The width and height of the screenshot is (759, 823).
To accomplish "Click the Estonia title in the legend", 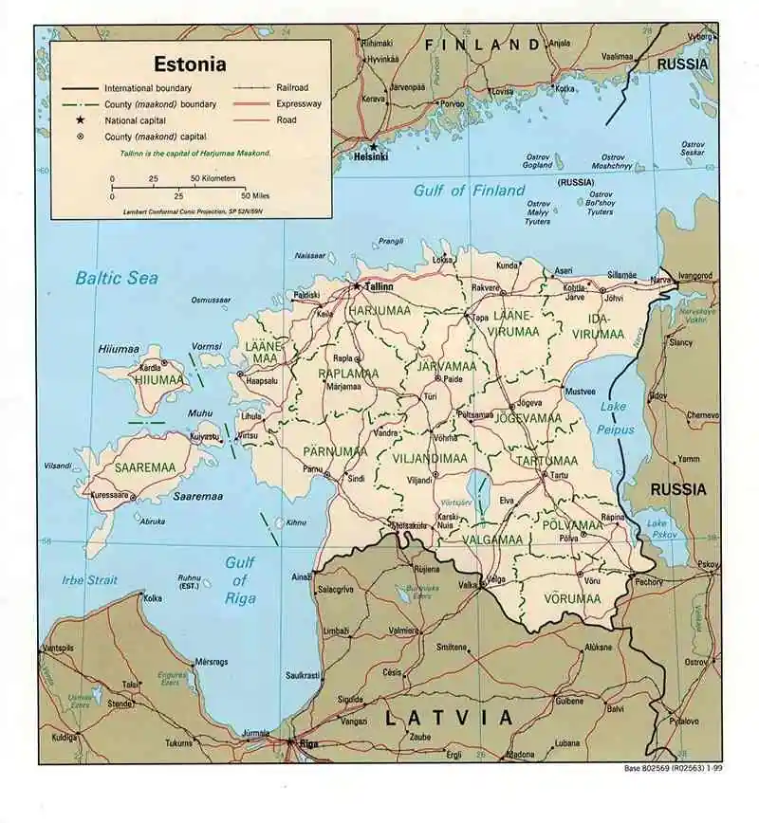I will click(190, 65).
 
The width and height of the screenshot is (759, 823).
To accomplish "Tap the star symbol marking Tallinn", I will click(357, 284).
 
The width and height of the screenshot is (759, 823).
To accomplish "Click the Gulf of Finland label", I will click(469, 191).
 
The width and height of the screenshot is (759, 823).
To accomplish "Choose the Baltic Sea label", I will click(117, 278).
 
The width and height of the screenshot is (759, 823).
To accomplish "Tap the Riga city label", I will click(307, 743).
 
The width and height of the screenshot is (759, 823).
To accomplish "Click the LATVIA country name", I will click(449, 718).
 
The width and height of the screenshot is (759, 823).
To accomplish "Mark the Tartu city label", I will click(561, 475).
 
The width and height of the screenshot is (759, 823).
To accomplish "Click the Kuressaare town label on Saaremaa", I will click(108, 495).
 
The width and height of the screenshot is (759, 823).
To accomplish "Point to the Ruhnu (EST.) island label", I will click(190, 582).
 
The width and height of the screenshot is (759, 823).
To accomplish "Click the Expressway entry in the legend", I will click(299, 103).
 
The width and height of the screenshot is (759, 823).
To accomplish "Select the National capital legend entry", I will click(137, 120).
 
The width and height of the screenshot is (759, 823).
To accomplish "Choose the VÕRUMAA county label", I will click(572, 599).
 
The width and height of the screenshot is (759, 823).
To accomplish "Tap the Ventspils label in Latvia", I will click(59, 648).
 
